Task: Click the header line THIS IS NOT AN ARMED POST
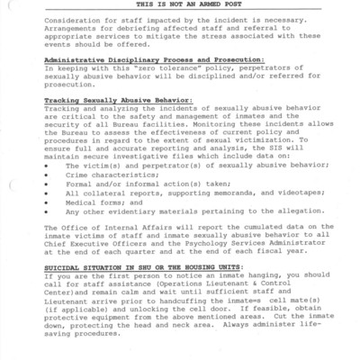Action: (181, 4)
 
